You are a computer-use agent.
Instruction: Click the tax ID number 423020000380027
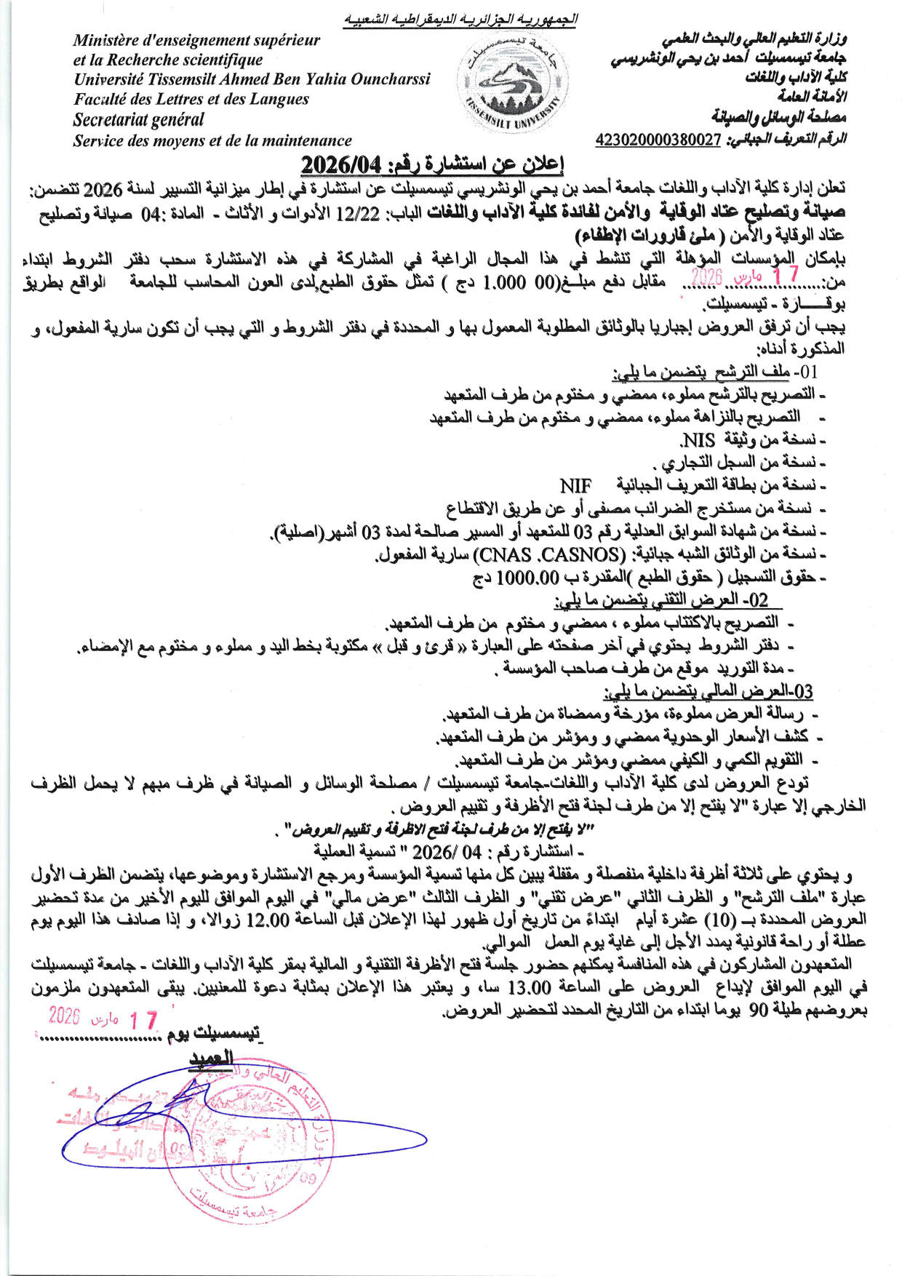(658, 140)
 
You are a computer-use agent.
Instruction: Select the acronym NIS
(699, 440)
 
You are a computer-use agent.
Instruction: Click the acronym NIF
(575, 485)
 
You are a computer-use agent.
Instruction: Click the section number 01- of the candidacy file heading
(805, 372)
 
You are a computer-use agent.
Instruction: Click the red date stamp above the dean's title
(103, 1018)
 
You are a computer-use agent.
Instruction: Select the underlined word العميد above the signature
(211, 1058)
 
